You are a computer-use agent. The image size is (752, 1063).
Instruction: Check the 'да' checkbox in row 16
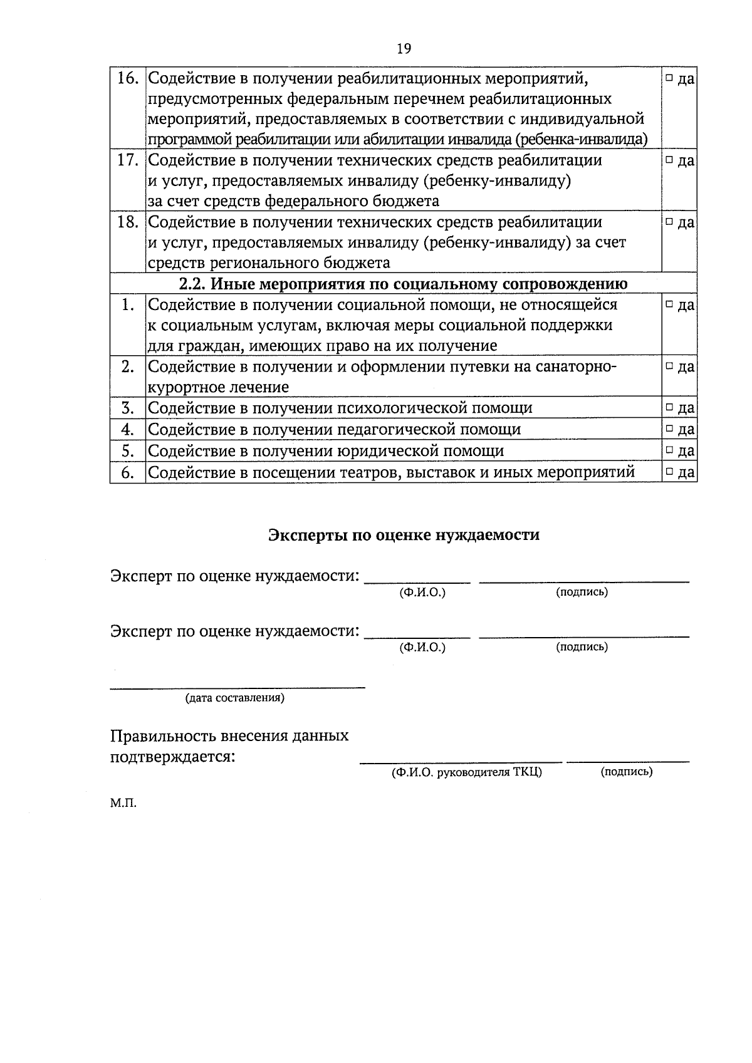click(x=669, y=79)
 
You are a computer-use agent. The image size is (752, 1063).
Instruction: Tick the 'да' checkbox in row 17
click(x=669, y=160)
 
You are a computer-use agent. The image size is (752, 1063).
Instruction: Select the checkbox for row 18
click(x=669, y=222)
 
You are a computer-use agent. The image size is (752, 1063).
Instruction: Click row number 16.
click(x=128, y=79)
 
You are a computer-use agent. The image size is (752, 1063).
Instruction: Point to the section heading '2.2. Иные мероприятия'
click(x=403, y=284)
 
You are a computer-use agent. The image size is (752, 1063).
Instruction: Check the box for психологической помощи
click(x=669, y=408)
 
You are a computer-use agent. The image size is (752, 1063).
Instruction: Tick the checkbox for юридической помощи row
click(x=669, y=450)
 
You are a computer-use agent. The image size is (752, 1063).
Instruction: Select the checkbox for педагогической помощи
click(x=669, y=429)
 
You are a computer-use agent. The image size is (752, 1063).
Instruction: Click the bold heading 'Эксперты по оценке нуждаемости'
click(x=404, y=535)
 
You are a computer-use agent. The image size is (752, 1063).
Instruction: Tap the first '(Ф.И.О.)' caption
click(x=422, y=593)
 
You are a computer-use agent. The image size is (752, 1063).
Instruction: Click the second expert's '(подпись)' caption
click(x=582, y=647)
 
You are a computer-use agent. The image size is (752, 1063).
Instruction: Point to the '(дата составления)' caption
click(x=234, y=698)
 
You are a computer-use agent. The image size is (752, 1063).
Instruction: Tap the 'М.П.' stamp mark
click(x=123, y=804)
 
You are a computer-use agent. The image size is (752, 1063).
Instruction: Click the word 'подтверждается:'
click(x=173, y=757)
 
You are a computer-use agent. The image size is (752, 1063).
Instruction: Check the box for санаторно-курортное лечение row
click(x=669, y=366)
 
